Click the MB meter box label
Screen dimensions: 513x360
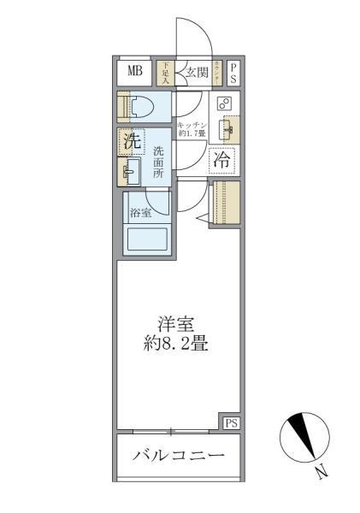135,72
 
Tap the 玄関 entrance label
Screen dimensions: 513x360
196,73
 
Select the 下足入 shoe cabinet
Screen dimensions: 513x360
165,72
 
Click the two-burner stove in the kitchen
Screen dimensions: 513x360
225,103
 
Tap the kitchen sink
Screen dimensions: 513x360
227,129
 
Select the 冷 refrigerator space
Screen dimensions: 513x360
222,159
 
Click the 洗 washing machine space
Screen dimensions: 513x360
132,143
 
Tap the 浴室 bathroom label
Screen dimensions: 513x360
140,211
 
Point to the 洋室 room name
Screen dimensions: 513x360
177,325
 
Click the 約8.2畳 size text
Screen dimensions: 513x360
177,346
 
